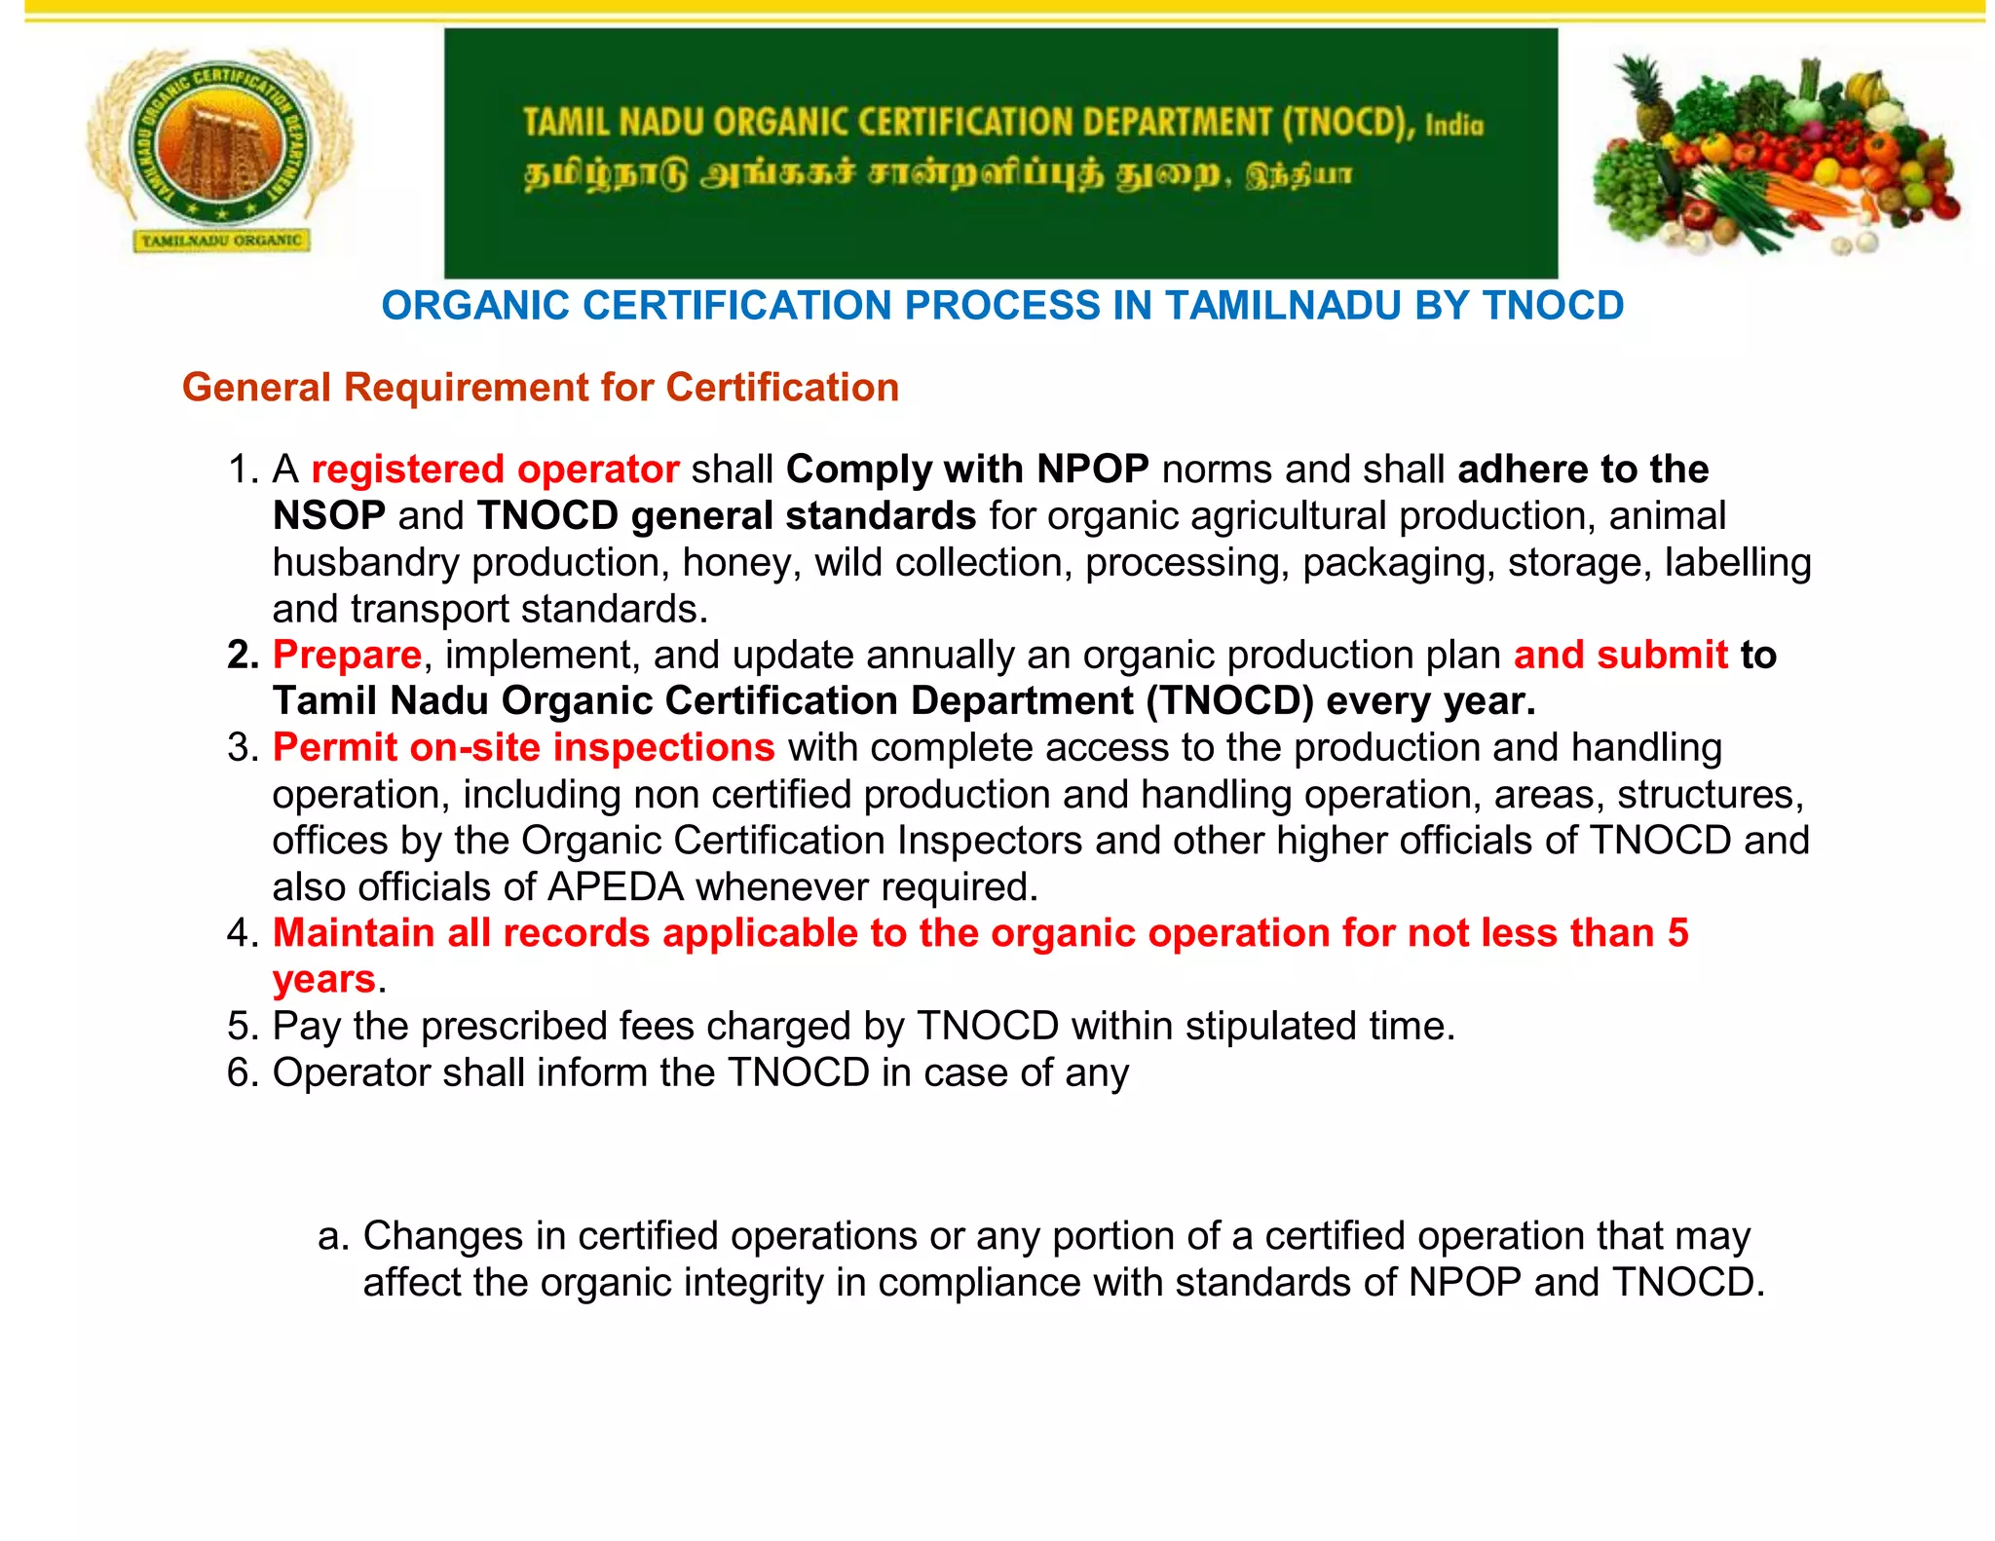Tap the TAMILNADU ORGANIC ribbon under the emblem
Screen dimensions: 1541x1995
click(x=221, y=240)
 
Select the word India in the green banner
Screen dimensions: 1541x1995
click(x=1454, y=126)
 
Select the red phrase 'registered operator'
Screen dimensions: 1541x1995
click(x=495, y=470)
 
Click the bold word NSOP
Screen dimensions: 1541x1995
click(x=328, y=516)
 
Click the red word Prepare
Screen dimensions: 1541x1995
click(x=347, y=655)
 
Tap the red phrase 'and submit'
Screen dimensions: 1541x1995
click(x=1620, y=655)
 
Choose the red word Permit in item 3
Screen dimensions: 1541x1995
click(x=335, y=748)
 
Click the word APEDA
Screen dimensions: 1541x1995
click(x=616, y=887)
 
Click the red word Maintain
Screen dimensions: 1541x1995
click(x=354, y=933)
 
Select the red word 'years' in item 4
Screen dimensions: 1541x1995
click(x=323, y=980)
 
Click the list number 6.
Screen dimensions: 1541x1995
click(x=240, y=1073)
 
